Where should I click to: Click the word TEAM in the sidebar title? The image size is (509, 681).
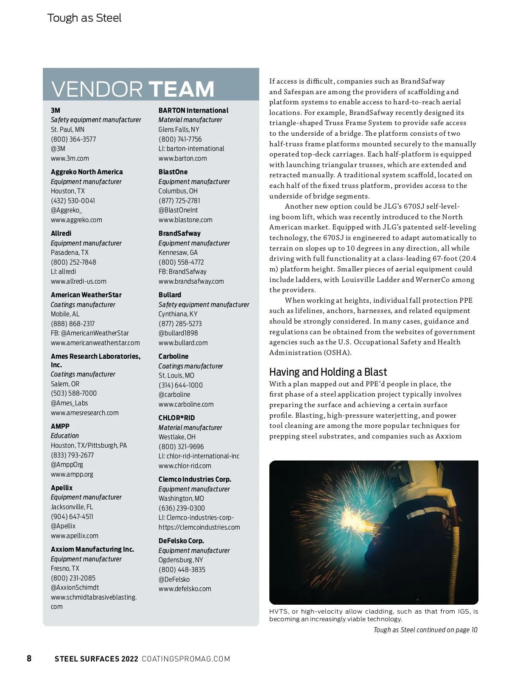pyautogui.click(x=181, y=89)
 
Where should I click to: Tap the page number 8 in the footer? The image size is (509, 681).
pyautogui.click(x=29, y=659)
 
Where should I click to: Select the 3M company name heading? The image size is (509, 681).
pyautogui.click(x=56, y=110)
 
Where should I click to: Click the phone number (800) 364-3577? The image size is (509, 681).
pyautogui.click(x=73, y=139)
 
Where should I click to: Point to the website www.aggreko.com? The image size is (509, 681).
pyautogui.click(x=76, y=220)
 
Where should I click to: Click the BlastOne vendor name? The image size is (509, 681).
pyautogui.click(x=173, y=172)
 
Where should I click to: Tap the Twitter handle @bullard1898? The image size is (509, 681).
pyautogui.click(x=178, y=333)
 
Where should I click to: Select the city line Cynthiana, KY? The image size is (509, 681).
pyautogui.click(x=178, y=314)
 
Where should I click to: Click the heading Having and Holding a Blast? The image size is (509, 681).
pyautogui.click(x=328, y=372)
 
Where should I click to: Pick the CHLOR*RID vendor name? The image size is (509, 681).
pyautogui.click(x=177, y=418)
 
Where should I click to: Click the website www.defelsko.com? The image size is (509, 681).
pyautogui.click(x=185, y=589)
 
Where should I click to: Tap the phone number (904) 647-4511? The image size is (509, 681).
pyautogui.click(x=72, y=516)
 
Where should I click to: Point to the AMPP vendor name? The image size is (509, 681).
pyautogui.click(x=60, y=426)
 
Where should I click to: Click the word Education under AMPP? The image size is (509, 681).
pyautogui.click(x=65, y=435)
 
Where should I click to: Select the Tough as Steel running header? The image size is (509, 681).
pyautogui.click(x=84, y=18)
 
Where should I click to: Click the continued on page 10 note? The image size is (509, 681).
pyautogui.click(x=425, y=630)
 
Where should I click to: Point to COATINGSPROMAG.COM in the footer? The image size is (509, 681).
pyautogui.click(x=186, y=659)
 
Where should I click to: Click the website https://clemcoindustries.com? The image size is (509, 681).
pyautogui.click(x=199, y=527)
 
